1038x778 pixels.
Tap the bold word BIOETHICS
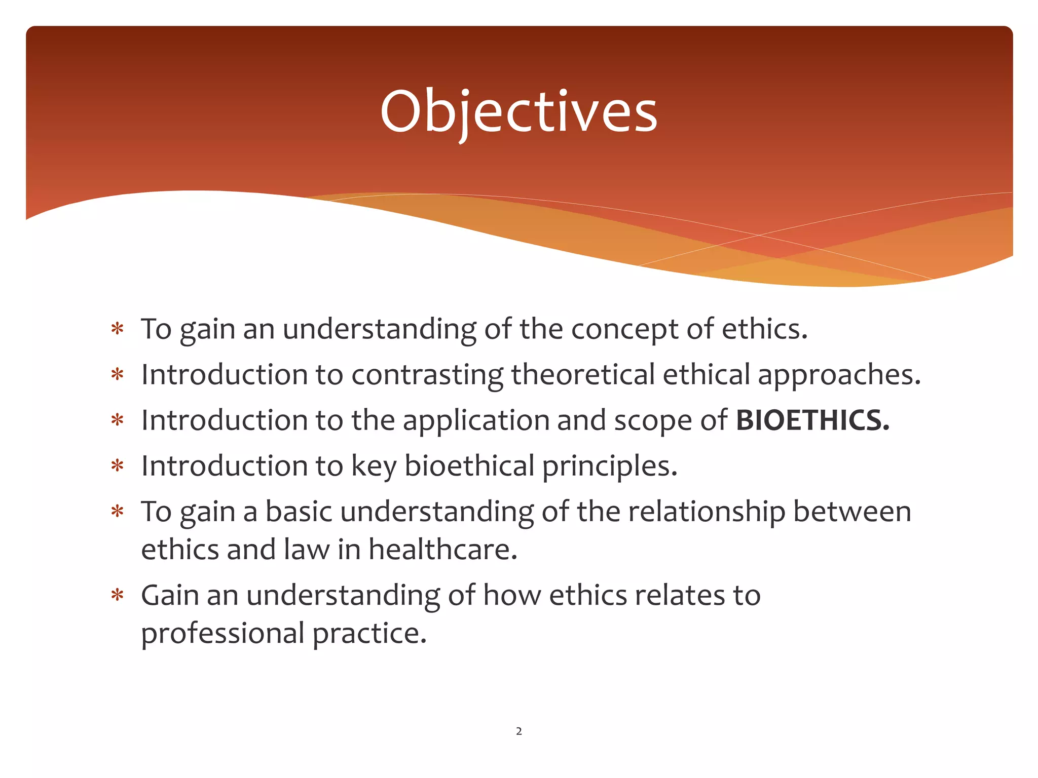click(x=812, y=420)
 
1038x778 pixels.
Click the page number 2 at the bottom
click(x=518, y=731)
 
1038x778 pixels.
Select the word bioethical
click(x=469, y=466)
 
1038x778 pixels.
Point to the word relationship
click(x=707, y=512)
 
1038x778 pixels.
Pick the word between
click(x=852, y=512)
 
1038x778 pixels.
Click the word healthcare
click(x=442, y=550)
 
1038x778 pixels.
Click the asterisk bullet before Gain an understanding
click(x=118, y=595)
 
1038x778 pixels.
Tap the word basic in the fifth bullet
click(x=299, y=512)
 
